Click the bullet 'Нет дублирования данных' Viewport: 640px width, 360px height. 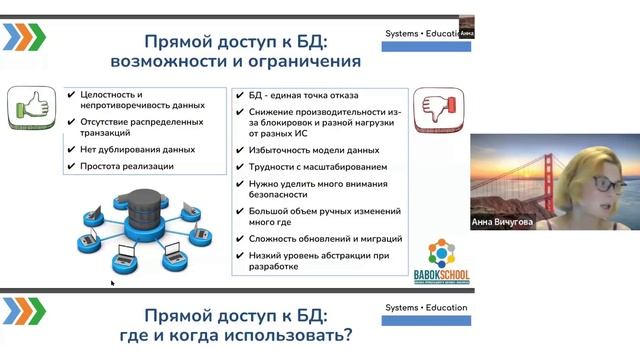(137, 150)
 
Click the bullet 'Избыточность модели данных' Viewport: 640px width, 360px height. (314, 150)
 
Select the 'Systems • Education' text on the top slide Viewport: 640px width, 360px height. (424, 33)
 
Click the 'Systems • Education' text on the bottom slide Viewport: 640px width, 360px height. (424, 308)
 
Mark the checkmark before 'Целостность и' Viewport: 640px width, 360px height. (71, 95)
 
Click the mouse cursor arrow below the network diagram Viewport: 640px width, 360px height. (112, 283)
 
